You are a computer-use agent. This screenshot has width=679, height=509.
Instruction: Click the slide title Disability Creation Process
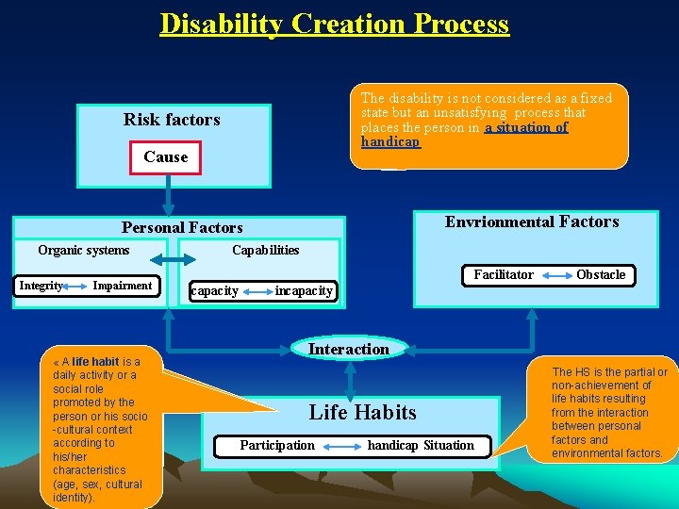coord(335,24)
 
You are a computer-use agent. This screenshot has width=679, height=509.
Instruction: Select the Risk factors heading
coord(172,120)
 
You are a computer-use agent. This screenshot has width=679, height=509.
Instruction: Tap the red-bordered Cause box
coord(166,157)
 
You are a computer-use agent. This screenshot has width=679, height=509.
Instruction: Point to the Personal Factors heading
coord(182,227)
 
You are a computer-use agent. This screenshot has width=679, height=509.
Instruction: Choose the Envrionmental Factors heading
coord(532,222)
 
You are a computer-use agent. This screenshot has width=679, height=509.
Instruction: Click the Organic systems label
coord(84,250)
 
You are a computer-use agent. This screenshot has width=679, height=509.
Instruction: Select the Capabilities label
coord(265,250)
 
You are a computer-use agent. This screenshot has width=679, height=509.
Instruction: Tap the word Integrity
coord(41,286)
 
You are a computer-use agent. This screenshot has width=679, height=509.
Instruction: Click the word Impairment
coord(122,286)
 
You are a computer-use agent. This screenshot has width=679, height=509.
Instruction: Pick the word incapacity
coord(303,290)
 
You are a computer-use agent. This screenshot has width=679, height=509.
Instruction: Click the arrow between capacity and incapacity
coord(257,290)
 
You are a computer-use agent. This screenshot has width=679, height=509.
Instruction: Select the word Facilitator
coord(504,274)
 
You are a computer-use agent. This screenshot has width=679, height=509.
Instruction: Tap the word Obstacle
coord(601,274)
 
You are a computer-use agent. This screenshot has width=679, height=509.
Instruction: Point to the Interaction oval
coord(348,349)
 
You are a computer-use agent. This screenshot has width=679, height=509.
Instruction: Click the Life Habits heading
coord(362,412)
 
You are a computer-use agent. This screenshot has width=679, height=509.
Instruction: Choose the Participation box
coord(277,445)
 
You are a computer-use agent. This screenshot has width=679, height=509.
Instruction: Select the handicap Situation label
coord(421,445)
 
